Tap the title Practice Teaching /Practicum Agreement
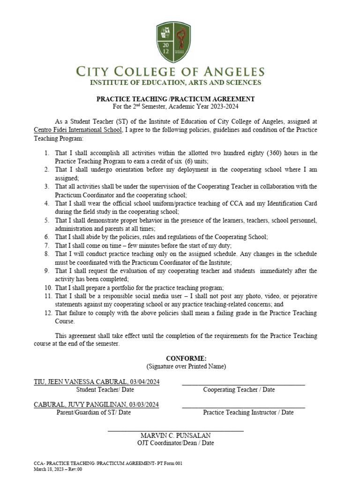(x=176, y=99)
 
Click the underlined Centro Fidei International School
(x=78, y=130)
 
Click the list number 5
(x=47, y=220)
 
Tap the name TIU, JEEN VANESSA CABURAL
(x=80, y=382)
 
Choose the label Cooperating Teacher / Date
(x=239, y=390)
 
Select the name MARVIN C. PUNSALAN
(x=176, y=435)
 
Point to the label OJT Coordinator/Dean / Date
(x=176, y=443)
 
